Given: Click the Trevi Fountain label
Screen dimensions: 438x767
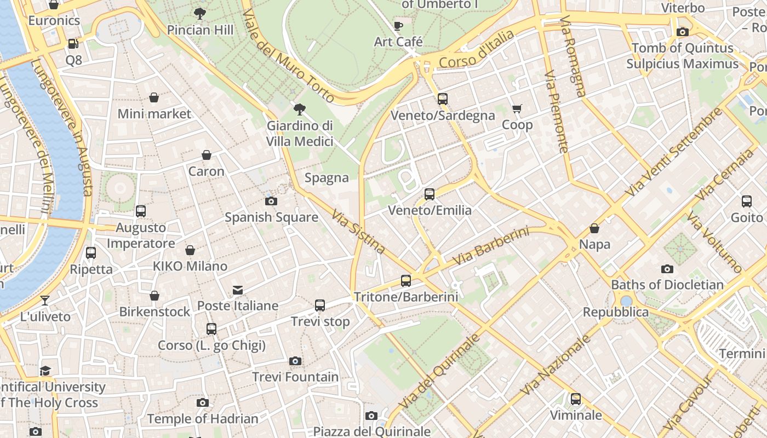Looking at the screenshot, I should tap(295, 377).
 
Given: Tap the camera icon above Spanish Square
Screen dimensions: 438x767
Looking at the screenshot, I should tap(271, 201).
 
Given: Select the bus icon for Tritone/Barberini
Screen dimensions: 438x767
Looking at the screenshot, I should tap(406, 281).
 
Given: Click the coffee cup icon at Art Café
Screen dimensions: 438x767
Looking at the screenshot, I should tap(398, 26).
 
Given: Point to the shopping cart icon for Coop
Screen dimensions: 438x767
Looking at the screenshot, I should tap(517, 109).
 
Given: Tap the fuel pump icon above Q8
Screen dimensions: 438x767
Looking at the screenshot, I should tap(73, 44).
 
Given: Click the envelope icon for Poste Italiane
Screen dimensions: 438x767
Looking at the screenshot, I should tap(238, 290).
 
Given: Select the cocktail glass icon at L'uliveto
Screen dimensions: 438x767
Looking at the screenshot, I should tap(45, 301).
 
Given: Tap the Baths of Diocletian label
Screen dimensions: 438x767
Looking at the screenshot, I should tap(667, 285).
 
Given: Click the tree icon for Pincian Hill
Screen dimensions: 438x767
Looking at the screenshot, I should tap(200, 14).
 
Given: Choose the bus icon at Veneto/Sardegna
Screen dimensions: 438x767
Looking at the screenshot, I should tap(443, 99).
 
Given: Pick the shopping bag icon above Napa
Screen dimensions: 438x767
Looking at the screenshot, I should tap(594, 228).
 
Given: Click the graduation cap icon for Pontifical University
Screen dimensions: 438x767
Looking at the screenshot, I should tap(45, 371).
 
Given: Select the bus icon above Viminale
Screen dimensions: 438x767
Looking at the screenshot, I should tap(575, 399).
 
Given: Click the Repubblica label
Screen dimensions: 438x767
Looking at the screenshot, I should tap(615, 312).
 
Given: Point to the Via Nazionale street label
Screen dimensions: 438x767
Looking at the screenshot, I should tap(556, 365).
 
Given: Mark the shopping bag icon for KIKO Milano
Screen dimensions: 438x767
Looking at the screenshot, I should tap(190, 250).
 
